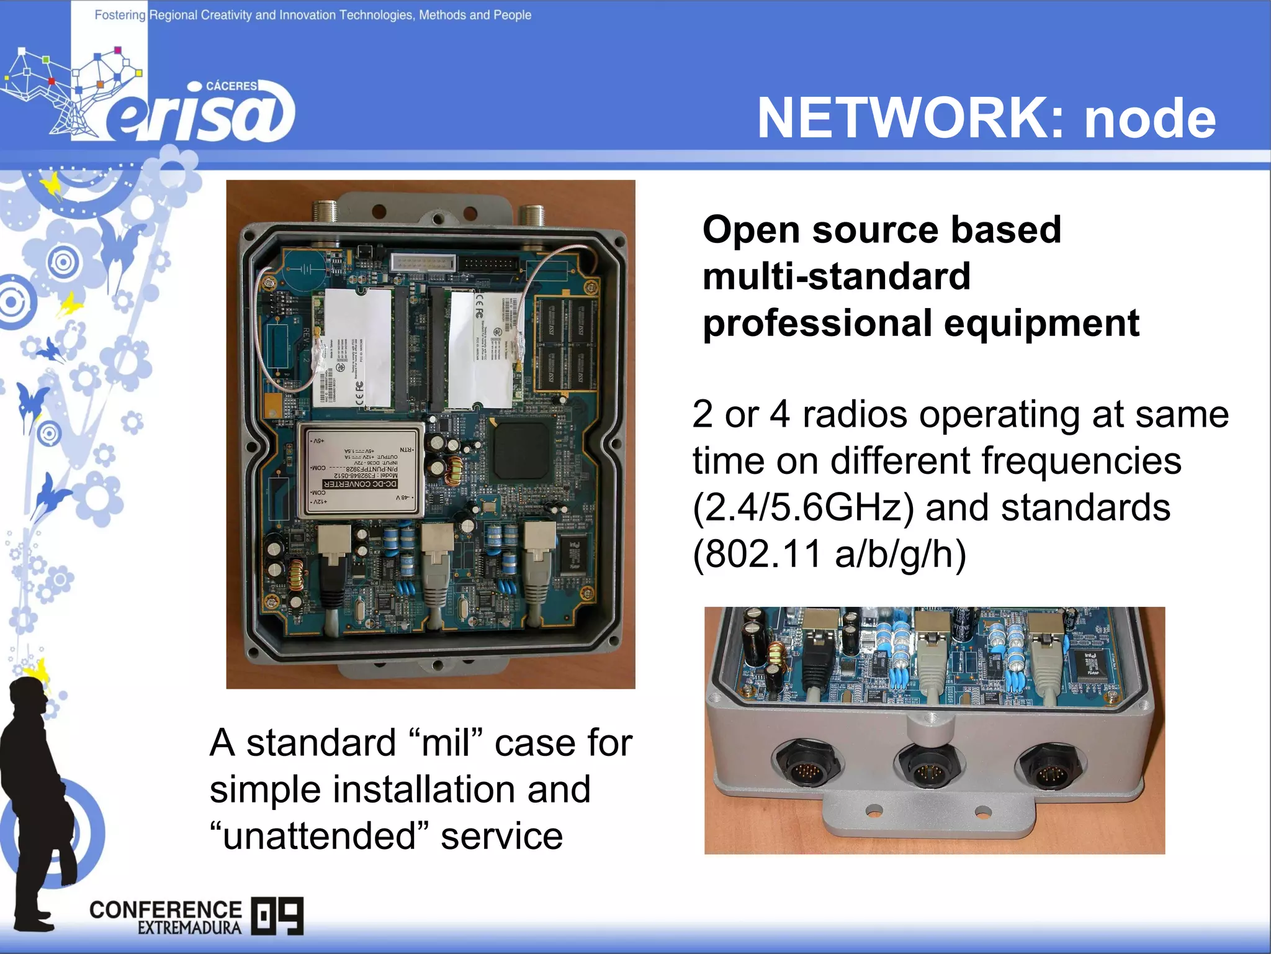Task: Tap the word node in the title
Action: point(1149,119)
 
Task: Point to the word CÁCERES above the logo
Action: point(231,86)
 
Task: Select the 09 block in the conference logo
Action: point(277,915)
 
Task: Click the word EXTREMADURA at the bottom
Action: point(189,928)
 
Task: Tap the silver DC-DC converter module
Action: point(361,470)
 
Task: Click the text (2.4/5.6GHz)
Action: point(803,507)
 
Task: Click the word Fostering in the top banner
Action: point(120,15)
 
